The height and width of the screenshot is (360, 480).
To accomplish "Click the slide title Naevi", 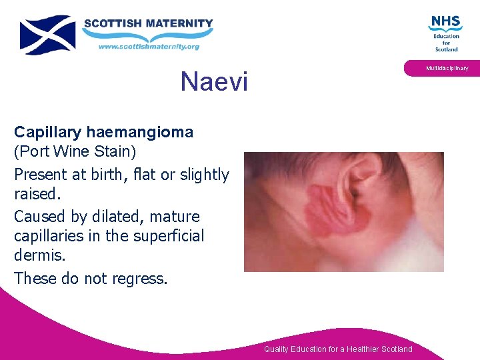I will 213,82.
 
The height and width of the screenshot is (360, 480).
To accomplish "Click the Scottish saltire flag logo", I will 47,35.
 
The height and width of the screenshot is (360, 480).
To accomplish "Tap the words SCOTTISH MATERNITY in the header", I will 147,23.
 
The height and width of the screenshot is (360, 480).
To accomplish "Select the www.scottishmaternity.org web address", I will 148,46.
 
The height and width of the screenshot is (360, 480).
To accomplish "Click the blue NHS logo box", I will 445,22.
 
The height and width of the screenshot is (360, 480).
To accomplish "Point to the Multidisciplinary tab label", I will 447,68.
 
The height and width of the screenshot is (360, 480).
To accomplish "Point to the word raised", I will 35,194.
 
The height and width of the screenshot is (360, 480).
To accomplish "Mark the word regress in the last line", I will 138,278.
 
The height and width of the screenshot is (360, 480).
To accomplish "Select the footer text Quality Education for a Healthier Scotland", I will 338,349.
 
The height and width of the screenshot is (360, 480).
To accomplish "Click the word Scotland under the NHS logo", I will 446,49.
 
